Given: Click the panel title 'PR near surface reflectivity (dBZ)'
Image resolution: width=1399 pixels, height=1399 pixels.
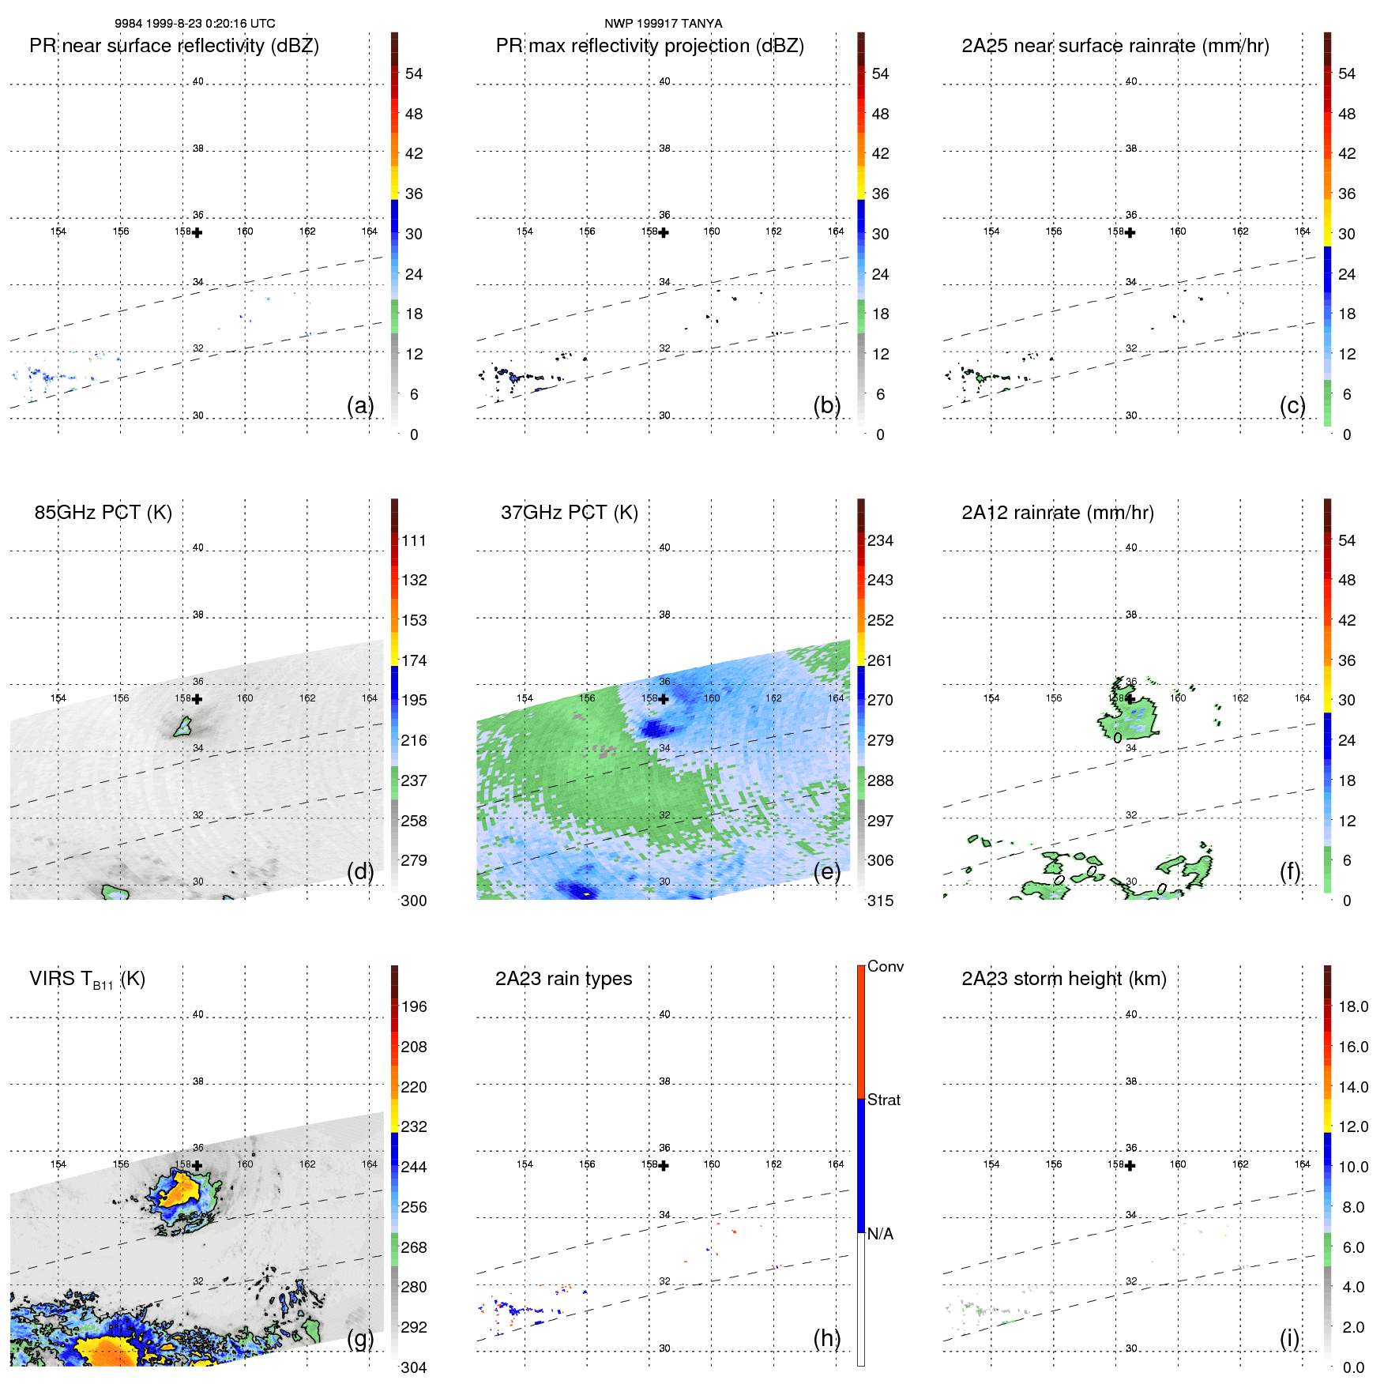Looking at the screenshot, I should point(174,46).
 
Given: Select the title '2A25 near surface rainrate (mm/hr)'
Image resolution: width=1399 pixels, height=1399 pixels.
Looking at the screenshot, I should point(1115,46).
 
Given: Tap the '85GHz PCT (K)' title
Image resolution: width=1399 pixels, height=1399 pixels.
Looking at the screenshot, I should point(103,513).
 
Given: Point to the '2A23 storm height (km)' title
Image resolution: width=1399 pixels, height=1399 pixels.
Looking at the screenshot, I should point(1063,979).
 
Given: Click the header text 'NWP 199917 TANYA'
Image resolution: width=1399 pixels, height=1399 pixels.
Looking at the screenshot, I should point(663,24).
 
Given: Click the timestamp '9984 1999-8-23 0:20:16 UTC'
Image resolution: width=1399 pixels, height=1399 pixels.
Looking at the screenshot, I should point(195,24).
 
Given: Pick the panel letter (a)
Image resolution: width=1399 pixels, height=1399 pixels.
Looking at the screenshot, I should point(360,405).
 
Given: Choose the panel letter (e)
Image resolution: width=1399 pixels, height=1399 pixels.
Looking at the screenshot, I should point(827,871).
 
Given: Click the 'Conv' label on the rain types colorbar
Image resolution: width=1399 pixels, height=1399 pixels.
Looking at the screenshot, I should point(885,966).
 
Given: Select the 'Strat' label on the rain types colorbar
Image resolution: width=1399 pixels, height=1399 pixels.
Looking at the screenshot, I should point(883,1100).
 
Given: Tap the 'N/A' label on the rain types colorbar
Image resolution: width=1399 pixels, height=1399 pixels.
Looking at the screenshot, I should point(880,1234).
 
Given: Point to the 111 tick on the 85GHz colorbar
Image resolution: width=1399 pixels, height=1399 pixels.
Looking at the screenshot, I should point(414,540).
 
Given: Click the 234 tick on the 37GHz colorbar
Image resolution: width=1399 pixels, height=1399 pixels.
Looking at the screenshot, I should point(880,540).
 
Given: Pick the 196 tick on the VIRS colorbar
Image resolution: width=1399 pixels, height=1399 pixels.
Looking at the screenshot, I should point(414,1006).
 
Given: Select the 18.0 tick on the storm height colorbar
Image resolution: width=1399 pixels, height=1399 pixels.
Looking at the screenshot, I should point(1352,1006).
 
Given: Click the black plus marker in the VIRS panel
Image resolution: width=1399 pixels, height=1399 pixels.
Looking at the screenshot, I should point(197,1165).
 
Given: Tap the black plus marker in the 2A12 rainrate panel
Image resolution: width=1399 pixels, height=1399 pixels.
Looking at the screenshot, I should point(1130,699).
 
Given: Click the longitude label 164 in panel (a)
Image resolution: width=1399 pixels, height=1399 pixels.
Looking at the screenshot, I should point(369,231).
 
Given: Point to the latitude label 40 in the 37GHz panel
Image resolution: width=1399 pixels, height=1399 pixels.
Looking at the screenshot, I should point(664,547).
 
